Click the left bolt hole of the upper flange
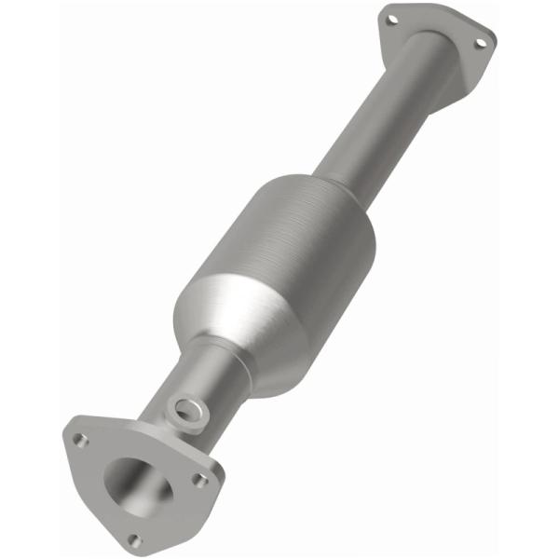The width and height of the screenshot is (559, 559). (x=392, y=19)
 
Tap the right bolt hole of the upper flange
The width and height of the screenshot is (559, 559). (x=480, y=42)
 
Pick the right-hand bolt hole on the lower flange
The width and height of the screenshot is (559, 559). (x=199, y=480)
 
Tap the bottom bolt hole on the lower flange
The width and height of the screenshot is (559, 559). (x=134, y=539)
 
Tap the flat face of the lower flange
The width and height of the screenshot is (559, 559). (x=102, y=508)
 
